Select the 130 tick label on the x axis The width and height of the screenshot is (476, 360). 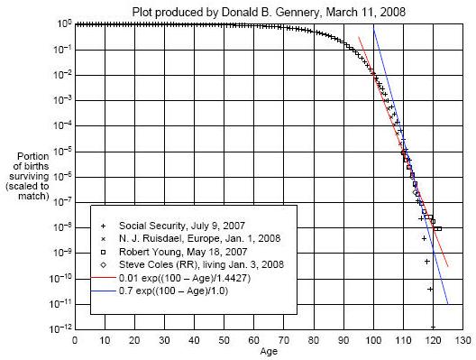(x=463, y=340)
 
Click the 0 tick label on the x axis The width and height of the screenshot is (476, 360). (x=74, y=340)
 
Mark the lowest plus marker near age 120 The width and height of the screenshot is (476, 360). (x=434, y=326)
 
